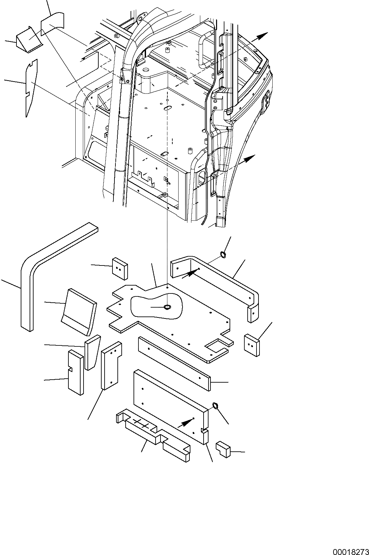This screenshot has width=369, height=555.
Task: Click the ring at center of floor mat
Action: pos(167,307)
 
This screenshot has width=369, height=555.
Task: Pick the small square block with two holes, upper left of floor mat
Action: pos(120,268)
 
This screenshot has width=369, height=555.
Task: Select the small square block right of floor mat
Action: pos(252,344)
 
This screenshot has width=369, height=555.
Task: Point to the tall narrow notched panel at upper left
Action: pos(31,87)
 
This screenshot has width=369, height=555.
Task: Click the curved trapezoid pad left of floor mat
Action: pos(78,309)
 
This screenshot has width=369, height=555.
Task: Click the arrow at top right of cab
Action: pos(262,36)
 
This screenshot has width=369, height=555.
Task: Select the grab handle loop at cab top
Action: pos(203,49)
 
